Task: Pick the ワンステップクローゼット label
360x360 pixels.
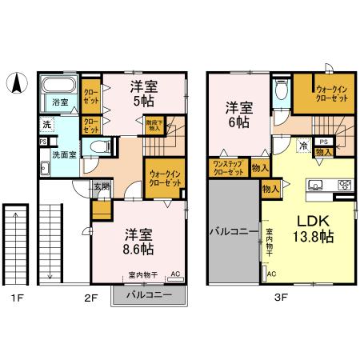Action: [227, 168]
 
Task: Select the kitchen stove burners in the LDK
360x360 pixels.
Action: [345, 185]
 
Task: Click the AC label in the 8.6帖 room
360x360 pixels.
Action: [175, 274]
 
